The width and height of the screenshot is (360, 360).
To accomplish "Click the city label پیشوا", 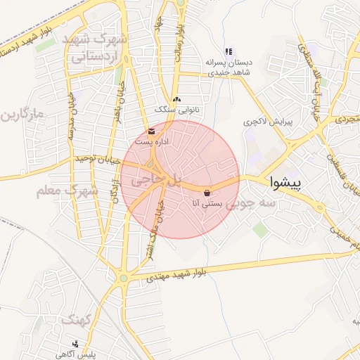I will pos(285,184).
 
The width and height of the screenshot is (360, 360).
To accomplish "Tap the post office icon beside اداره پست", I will pos(152,131).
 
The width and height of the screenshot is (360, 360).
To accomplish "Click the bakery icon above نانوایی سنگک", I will pos(176,99).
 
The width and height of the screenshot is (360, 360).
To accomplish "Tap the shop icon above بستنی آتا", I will pos(207,193).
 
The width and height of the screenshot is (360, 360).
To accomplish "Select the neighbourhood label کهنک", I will pos(76,320).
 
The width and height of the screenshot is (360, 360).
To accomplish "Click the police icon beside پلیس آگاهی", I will pos(75,344).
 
